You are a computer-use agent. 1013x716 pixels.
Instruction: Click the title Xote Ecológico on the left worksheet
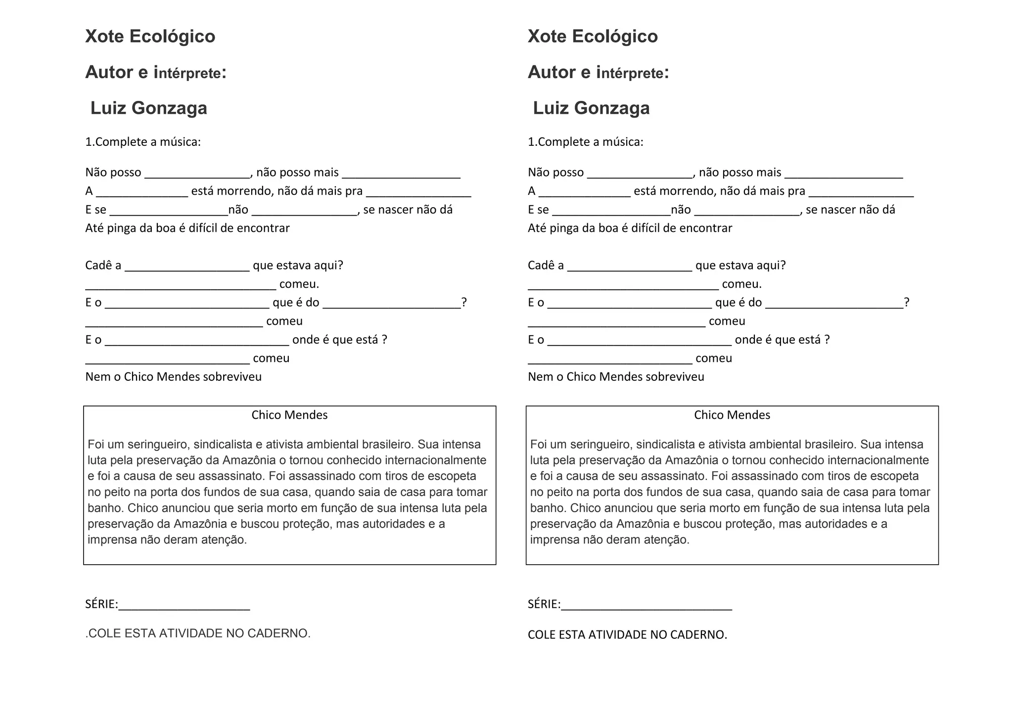tap(150, 36)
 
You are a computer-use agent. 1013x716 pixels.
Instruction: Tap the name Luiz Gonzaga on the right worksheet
tap(591, 108)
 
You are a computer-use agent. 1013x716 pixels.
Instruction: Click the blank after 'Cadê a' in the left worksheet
tap(187, 268)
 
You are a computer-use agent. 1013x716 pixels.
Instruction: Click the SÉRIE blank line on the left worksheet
tap(184, 607)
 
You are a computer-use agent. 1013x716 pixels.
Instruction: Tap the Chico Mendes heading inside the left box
tap(289, 415)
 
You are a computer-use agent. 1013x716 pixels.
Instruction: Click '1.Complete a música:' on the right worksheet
tap(586, 142)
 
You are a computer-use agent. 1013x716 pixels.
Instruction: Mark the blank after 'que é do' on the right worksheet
tap(834, 305)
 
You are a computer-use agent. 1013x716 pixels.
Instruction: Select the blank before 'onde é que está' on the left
tap(197, 342)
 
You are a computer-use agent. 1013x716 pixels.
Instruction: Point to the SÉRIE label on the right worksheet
tap(544, 604)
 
